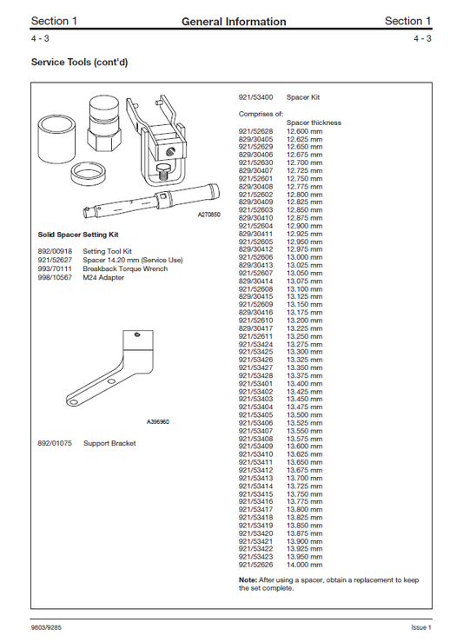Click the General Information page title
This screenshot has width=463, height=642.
(234, 22)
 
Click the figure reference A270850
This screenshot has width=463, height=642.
(208, 214)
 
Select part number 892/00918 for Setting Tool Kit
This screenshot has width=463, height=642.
(54, 250)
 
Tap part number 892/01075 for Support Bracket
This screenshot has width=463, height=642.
(54, 442)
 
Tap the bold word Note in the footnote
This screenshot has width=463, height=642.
(247, 579)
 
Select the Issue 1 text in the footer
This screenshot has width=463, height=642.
(420, 627)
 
